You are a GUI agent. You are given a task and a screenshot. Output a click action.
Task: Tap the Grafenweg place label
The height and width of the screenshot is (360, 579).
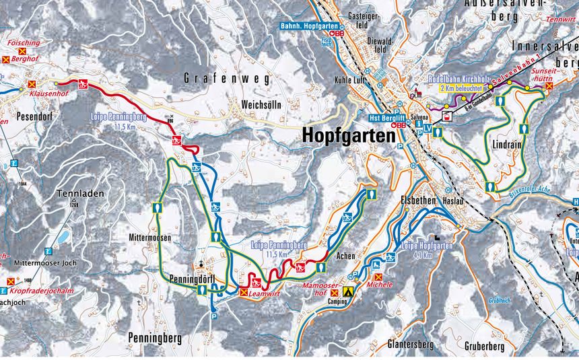[226, 79]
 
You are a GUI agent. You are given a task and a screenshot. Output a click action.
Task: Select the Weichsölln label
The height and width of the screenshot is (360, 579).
[261, 106]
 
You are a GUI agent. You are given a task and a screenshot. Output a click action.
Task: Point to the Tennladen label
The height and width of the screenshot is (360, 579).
[81, 193]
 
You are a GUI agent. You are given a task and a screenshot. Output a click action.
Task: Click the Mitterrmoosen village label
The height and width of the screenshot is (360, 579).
[149, 238]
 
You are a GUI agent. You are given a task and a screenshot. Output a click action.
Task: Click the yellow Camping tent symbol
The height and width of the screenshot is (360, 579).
[349, 292]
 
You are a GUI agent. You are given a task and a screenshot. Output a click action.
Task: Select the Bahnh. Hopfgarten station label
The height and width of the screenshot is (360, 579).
[310, 26]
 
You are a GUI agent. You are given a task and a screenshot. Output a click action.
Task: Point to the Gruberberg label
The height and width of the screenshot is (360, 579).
[484, 346]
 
